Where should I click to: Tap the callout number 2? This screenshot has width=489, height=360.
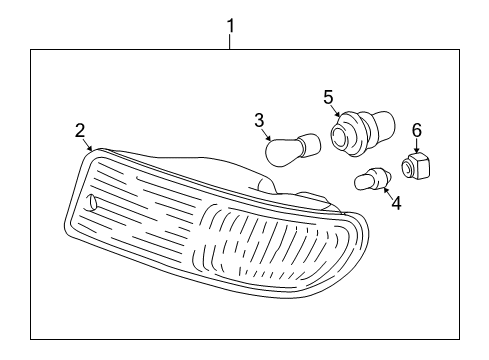(79, 129)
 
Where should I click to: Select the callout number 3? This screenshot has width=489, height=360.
(258, 121)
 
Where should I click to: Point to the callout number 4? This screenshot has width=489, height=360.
(396, 204)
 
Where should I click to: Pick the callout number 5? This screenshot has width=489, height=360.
(327, 97)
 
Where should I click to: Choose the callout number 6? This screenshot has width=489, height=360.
(417, 130)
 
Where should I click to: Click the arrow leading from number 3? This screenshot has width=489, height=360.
(267, 134)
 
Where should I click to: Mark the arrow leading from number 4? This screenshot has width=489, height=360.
(386, 192)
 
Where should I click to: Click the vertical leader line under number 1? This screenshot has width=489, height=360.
(231, 41)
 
